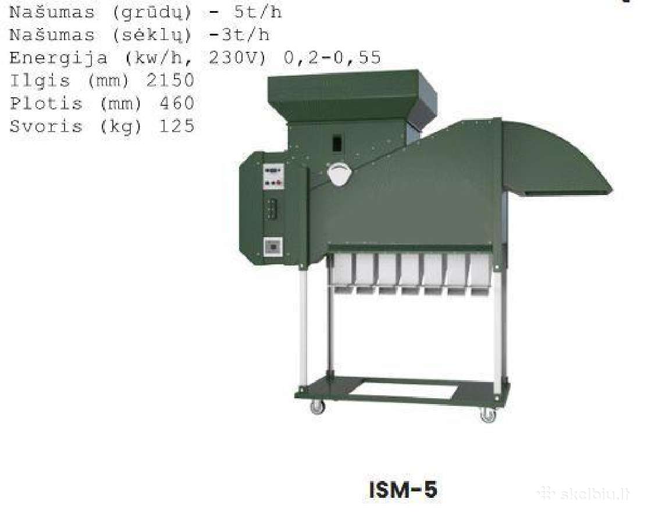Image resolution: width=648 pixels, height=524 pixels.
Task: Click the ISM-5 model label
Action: coord(403,490)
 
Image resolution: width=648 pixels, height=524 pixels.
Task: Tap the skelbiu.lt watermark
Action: coord(583,494)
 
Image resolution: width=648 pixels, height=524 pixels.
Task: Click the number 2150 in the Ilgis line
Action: coord(170,80)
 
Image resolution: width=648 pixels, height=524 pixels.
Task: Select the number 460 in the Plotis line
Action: coord(177,103)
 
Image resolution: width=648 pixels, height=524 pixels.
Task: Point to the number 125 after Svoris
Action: coord(177,126)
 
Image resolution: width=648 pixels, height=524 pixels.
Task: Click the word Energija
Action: coord(59,58)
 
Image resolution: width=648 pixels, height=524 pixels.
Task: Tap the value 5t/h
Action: coord(258,12)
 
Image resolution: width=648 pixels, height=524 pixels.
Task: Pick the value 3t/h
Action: coord(246,35)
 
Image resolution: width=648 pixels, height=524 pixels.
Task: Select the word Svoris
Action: coord(46,126)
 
